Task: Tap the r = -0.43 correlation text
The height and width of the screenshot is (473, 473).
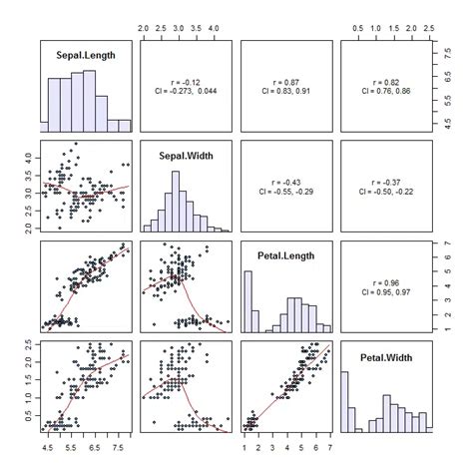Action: [285, 179]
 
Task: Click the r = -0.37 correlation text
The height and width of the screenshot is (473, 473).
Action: [385, 179]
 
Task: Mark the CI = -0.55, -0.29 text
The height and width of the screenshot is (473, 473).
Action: [285, 190]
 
